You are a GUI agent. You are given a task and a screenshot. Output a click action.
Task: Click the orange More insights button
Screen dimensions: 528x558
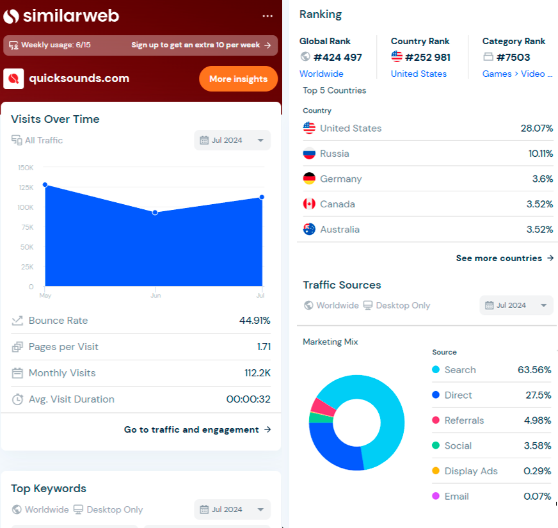238,79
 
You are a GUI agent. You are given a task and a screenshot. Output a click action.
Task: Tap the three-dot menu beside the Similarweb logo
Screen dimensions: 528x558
267,16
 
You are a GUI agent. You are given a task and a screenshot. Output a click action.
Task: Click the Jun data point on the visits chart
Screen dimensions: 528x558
154,212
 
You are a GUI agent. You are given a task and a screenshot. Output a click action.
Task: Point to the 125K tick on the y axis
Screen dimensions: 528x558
26,188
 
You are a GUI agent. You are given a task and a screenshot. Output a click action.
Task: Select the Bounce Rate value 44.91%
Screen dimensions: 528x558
255,321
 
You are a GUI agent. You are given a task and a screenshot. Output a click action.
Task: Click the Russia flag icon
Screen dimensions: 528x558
310,154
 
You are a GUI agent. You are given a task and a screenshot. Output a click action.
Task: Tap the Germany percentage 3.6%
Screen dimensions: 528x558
542,179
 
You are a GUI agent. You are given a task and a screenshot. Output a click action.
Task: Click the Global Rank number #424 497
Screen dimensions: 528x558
337,57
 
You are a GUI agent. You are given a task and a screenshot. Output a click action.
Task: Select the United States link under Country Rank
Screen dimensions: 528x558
418,74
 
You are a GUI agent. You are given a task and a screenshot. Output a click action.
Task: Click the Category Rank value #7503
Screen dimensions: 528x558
513,57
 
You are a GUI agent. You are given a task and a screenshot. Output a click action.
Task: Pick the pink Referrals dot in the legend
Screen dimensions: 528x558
436,420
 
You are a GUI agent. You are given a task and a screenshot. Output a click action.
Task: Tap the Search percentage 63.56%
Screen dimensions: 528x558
534,370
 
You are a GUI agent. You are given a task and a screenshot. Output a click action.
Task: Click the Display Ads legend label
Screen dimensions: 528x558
471,471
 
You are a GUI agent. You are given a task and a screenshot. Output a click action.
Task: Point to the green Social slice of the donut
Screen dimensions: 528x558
313,418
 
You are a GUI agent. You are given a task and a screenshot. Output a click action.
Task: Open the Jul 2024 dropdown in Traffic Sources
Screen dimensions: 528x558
516,305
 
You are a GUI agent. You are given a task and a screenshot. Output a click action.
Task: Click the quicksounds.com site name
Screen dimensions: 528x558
79,79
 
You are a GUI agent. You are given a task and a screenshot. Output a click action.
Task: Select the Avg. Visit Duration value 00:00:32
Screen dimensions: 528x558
248,399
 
